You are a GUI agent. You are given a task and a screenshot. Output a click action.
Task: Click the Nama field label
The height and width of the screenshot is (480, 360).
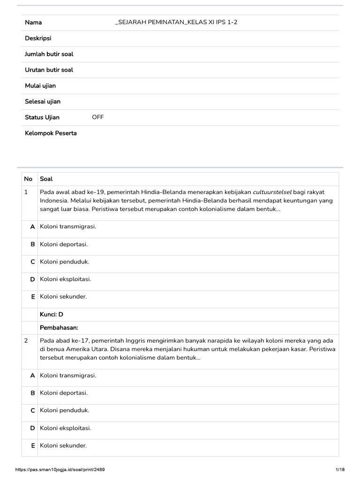tap(33, 22)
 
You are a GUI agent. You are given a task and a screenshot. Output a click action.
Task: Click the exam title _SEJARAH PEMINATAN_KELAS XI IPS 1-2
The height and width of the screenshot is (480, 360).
tap(176, 22)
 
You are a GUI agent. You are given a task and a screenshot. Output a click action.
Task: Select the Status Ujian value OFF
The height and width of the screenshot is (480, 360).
tap(98, 117)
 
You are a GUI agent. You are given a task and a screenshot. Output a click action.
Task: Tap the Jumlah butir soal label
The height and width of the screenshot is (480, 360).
tap(49, 54)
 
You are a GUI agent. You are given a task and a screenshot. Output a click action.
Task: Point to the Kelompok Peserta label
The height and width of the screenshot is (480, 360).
tap(51, 133)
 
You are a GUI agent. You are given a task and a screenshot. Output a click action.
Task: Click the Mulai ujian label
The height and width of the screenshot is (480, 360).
tap(40, 86)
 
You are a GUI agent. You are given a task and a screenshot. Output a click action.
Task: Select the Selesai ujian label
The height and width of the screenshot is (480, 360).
tap(43, 102)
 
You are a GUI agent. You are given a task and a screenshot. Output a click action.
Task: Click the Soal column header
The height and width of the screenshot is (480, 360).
tap(46, 179)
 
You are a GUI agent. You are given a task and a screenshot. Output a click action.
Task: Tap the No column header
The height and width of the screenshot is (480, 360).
tap(28, 179)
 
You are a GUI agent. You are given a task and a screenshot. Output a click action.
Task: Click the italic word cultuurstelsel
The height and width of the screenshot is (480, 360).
tap(272, 192)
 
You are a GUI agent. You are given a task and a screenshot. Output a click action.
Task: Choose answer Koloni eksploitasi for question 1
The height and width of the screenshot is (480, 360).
tap(65, 279)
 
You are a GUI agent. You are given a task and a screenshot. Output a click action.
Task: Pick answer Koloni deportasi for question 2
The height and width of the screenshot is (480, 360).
tap(64, 393)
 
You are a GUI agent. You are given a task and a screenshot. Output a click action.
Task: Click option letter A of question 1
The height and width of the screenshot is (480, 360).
tap(32, 227)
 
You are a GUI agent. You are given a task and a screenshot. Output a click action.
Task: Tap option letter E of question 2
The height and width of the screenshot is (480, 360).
tap(33, 445)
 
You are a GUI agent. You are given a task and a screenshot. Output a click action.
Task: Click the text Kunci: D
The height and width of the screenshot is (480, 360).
tap(52, 315)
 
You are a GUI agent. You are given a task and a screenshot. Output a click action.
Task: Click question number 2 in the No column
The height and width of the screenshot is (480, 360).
tap(26, 341)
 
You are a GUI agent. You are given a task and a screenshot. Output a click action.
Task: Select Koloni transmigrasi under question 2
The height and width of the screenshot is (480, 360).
tap(68, 375)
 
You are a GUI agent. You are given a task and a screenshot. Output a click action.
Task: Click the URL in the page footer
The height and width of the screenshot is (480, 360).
tap(63, 470)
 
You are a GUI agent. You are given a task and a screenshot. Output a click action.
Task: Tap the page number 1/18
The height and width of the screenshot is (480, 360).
tap(340, 470)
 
